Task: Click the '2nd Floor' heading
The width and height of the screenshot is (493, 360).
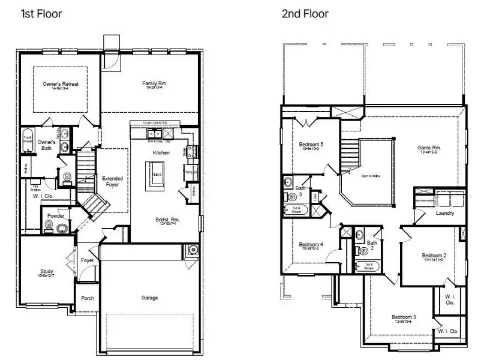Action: [305, 13]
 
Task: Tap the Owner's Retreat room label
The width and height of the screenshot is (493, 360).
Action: [61, 84]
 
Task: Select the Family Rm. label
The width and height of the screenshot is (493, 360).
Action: [154, 83]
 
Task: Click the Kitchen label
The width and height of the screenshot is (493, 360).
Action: [161, 153]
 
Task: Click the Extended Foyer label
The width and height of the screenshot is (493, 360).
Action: [112, 181]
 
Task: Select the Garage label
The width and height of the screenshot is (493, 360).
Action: [150, 298]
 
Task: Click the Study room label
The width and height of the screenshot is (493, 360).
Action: [47, 271]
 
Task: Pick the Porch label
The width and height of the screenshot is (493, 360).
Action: [88, 298]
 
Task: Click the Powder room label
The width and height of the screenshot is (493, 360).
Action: [56, 215]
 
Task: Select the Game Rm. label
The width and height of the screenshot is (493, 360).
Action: [429, 148]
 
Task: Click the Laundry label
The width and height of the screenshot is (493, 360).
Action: [444, 213]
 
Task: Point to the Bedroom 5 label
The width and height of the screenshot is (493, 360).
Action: [311, 145]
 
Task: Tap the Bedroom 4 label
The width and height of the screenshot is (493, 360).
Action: [311, 244]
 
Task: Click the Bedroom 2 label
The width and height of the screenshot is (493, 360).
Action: [433, 255]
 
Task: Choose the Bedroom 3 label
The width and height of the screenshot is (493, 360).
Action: [404, 317]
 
